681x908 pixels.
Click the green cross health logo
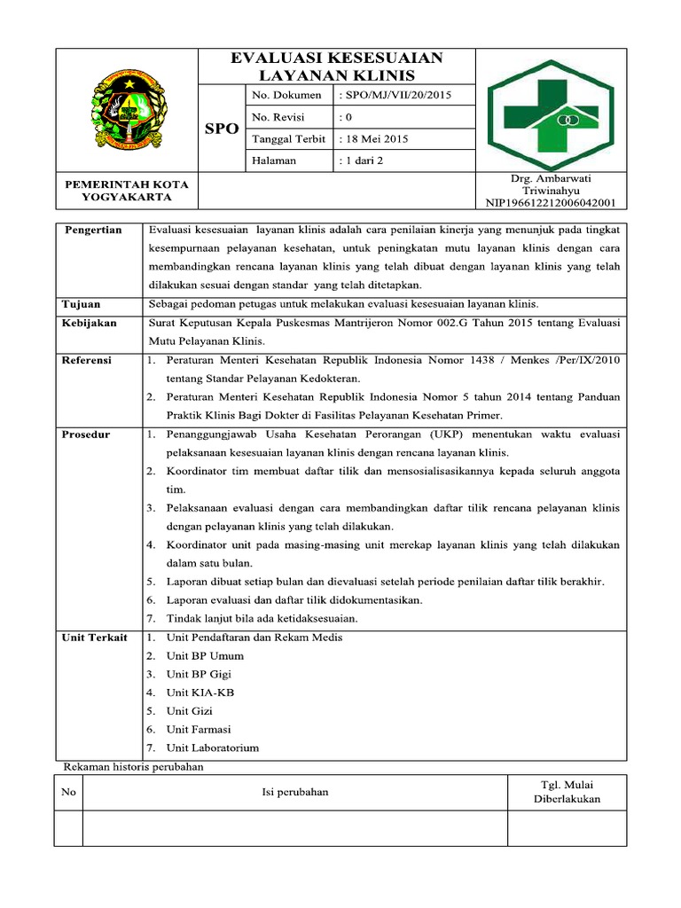coord(552,110)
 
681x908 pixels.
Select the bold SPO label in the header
coord(221,129)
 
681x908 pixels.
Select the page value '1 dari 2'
coord(363,160)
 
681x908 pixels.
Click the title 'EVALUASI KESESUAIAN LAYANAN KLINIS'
coord(336,67)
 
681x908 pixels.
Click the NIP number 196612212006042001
coord(552,202)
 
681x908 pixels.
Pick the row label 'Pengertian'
coord(92,230)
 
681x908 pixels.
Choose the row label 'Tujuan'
coord(81,304)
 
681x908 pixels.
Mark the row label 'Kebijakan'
coord(89,323)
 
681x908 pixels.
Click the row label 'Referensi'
coord(87,361)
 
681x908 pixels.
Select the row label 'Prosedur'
coord(86,434)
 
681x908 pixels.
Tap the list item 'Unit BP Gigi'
coord(199,674)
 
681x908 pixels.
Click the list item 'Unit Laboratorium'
coord(213,748)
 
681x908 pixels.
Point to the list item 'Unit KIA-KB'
coord(200,693)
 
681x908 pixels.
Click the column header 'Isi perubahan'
coord(294,792)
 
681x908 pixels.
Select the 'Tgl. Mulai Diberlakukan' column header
coord(567,791)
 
